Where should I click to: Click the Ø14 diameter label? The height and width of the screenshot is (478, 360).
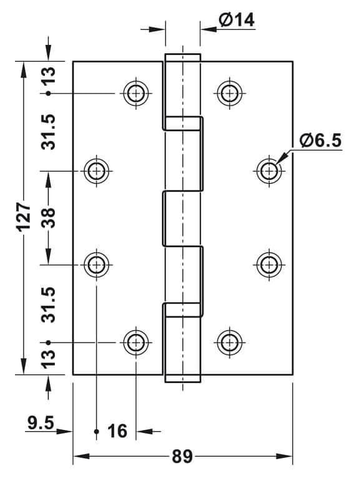pos(236,20)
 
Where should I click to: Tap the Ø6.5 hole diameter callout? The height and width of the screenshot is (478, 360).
pos(320,140)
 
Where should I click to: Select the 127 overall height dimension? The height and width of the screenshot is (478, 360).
pos(24,217)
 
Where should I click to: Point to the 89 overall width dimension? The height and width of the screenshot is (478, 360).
pos(182,456)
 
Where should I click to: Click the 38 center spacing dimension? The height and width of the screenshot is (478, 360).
pos(48,218)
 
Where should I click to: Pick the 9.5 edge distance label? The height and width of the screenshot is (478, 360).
pos(41,422)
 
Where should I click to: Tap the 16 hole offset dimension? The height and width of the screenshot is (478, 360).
pos(117,431)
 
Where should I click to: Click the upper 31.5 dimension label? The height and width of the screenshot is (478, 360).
pos(48,132)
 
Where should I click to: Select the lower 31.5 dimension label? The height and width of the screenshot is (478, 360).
pos(48,305)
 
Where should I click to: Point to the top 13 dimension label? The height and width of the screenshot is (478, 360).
pos(48,76)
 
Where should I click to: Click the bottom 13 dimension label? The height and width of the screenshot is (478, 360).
pos(48,359)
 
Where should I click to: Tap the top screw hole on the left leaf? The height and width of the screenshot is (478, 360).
pos(136,93)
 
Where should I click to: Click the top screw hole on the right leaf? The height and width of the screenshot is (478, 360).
pos(230,93)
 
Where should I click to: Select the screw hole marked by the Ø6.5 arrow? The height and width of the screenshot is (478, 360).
pos(269,171)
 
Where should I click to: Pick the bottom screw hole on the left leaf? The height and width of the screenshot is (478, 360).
pos(136,343)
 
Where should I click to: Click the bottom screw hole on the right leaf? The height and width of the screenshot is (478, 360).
pos(230,343)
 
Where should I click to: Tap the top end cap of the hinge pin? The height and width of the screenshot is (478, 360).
pos(183,57)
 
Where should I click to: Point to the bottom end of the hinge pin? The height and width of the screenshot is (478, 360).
pos(183,378)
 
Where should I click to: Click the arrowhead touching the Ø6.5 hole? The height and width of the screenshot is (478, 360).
pos(281,158)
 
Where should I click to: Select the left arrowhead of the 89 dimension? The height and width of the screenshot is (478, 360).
pos(81,456)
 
